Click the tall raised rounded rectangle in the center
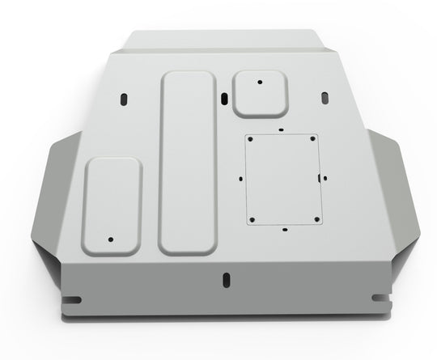tap(189, 162)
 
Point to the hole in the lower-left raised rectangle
tap(111, 239)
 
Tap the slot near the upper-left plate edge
tap(124, 98)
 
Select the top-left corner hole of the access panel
tap(251, 140)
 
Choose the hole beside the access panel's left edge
tap(240, 179)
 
